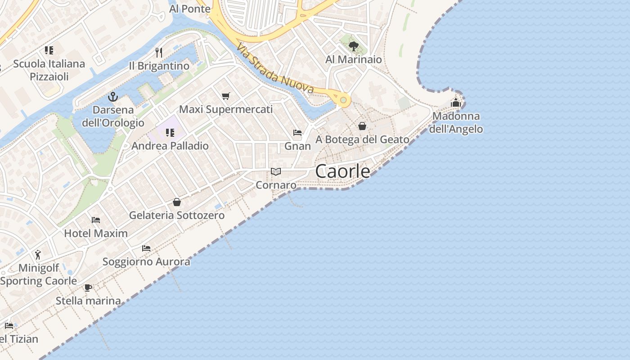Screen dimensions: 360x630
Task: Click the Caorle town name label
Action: tap(343, 171)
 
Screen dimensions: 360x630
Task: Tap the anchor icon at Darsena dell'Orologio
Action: tap(112, 96)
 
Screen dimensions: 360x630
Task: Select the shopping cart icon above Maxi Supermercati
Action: tap(225, 96)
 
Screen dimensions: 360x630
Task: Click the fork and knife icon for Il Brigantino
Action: tap(158, 53)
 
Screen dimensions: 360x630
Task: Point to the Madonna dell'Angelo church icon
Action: tap(456, 103)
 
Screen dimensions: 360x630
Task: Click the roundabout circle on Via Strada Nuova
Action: tap(343, 99)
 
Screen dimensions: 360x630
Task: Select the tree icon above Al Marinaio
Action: tap(354, 46)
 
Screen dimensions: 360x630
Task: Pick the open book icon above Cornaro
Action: tap(276, 171)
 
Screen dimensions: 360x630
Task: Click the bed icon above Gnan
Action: tap(297, 133)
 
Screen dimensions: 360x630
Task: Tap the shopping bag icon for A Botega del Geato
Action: tap(362, 126)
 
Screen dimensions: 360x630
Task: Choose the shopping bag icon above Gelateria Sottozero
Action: tap(177, 202)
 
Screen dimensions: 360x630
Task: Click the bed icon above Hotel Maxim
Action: tap(96, 220)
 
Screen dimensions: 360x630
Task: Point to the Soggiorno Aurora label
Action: tap(146, 261)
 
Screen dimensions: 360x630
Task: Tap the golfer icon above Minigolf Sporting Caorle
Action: tap(38, 255)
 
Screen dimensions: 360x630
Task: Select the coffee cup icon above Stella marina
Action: tap(88, 288)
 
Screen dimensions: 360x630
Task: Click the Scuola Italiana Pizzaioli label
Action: tap(49, 70)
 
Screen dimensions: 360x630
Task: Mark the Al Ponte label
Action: tap(190, 9)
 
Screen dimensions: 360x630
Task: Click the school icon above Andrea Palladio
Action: tap(170, 132)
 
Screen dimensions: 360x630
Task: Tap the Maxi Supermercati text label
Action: tap(226, 109)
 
